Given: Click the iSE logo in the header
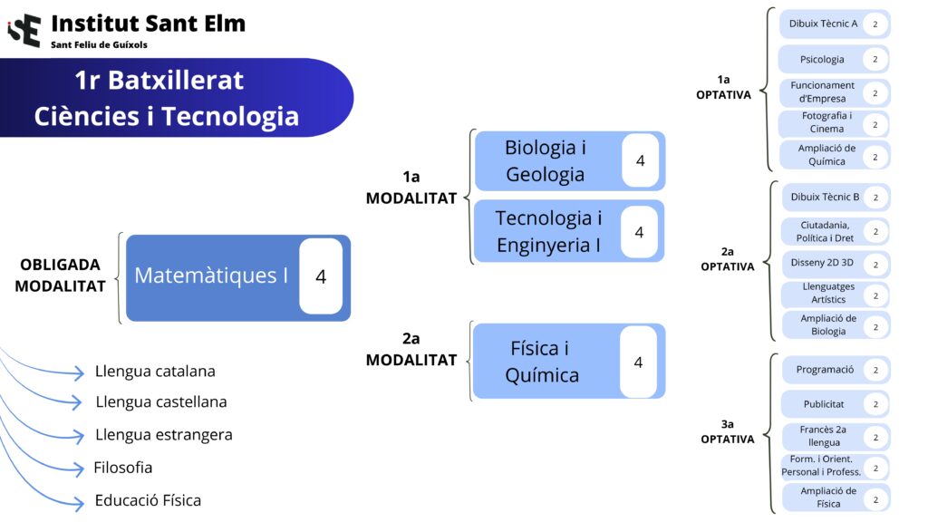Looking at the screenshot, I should point(24,29).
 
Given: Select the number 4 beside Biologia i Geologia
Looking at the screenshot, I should point(640,160).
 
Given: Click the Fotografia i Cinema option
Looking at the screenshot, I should point(826,122).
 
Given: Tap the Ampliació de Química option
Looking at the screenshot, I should point(826,155).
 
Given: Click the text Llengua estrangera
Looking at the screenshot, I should point(163,435).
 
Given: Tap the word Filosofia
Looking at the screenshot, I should point(123,469).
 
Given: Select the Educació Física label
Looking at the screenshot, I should point(148,500).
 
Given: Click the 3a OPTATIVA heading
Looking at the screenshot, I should point(727,431).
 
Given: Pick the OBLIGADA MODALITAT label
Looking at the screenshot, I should point(61,275).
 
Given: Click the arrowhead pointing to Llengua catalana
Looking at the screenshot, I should point(82,372).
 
